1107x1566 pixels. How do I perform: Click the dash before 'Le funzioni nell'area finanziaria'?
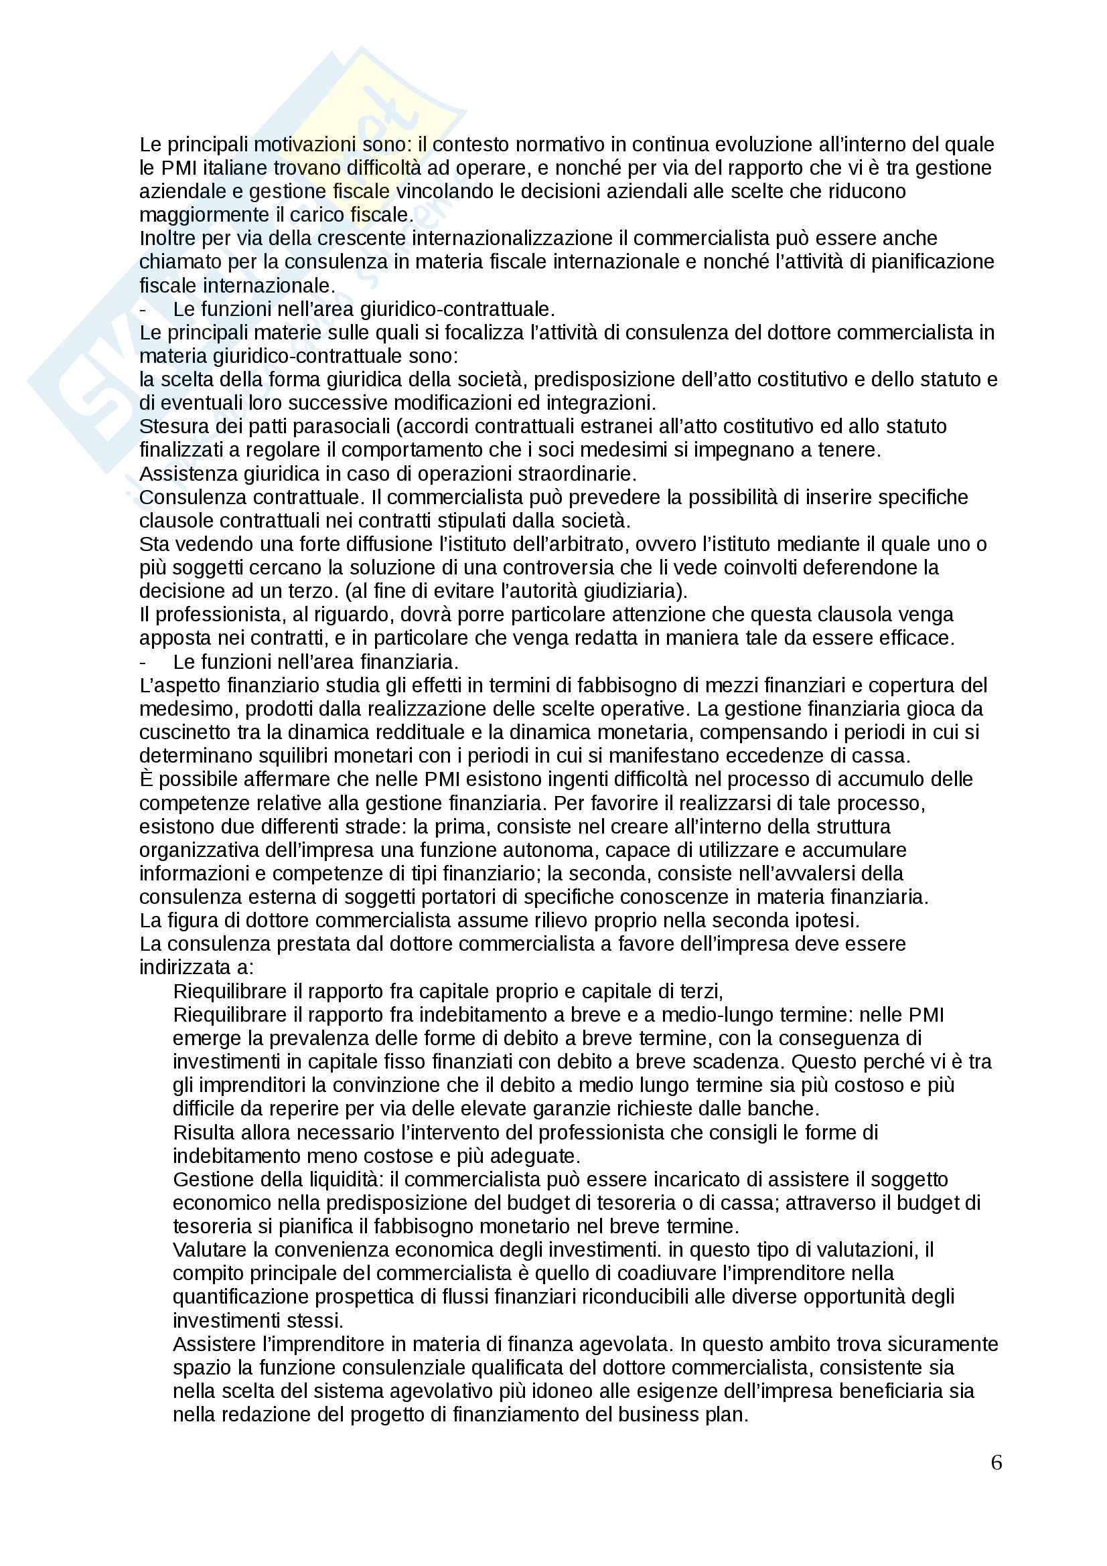coord(143,661)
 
